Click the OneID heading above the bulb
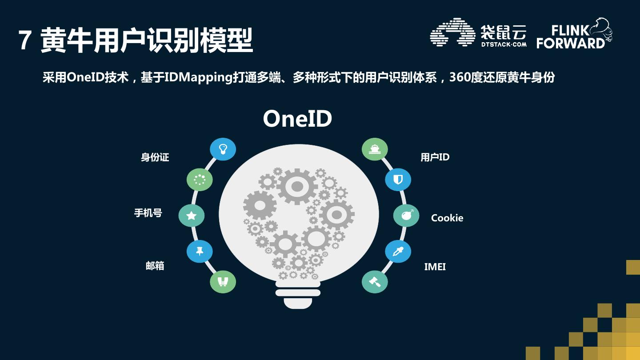(297, 119)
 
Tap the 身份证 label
(155, 157)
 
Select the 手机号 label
(148, 213)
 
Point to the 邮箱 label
(155, 266)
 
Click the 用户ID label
(435, 157)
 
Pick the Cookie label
(447, 218)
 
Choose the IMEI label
(435, 267)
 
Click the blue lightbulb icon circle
(223, 149)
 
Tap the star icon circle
(192, 216)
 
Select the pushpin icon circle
(200, 252)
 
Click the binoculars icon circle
(223, 282)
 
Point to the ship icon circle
(375, 149)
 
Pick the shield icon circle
(398, 180)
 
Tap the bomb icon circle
(406, 216)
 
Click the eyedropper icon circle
(398, 252)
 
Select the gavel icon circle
(375, 282)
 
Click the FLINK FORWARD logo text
(571, 36)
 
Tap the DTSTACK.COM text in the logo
(503, 44)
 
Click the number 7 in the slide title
(25, 41)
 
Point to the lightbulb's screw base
(298, 295)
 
